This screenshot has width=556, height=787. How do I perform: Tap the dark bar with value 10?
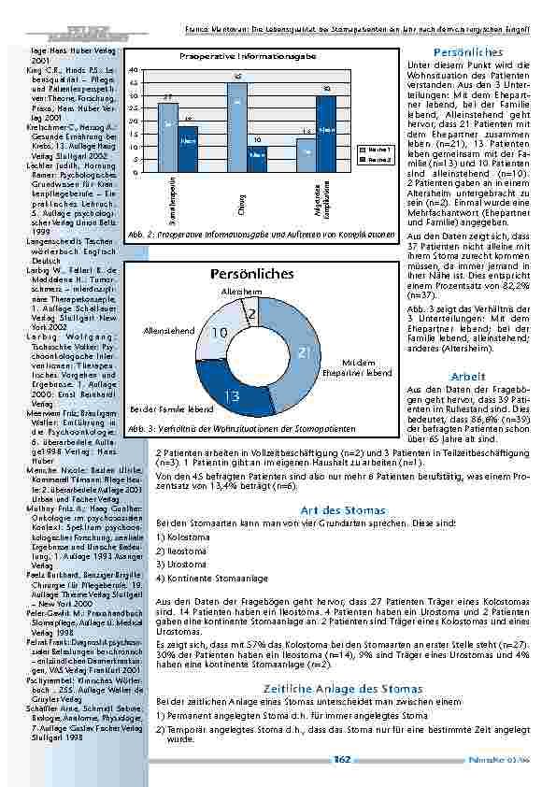257,159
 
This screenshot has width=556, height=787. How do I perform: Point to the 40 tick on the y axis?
135,70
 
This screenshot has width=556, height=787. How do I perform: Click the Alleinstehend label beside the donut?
169,331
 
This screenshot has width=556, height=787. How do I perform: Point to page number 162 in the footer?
341,760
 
